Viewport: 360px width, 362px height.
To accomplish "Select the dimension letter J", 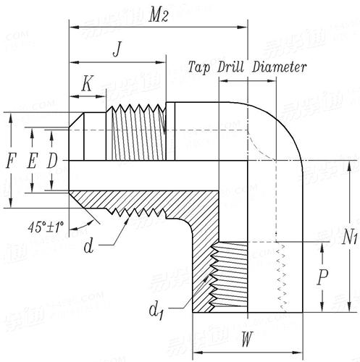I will pyautogui.click(x=117, y=50).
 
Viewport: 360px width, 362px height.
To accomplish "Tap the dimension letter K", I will pyautogui.click(x=86, y=84).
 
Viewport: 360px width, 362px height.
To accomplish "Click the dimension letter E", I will pyautogui.click(x=30, y=161).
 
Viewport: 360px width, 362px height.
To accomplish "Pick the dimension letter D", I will pyautogui.click(x=51, y=161).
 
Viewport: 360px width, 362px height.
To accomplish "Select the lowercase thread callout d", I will pyautogui.click(x=88, y=247).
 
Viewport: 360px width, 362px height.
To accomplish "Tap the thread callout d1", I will pyautogui.click(x=155, y=311).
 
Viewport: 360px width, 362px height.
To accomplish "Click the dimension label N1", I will pyautogui.click(x=350, y=237).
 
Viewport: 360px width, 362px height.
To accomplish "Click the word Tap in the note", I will pyautogui.click(x=200, y=68).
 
